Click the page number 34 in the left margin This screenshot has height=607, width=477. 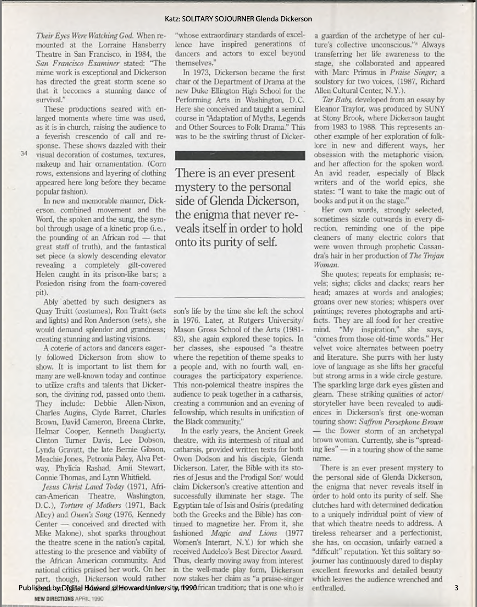click(x=23, y=154)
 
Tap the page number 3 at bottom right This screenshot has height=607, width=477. click(x=456, y=588)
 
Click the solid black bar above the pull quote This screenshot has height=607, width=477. click(x=240, y=155)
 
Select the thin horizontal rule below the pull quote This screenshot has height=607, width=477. click(x=240, y=296)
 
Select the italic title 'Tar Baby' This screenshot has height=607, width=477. click(x=336, y=99)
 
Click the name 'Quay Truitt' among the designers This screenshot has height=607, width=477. click(x=55, y=311)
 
